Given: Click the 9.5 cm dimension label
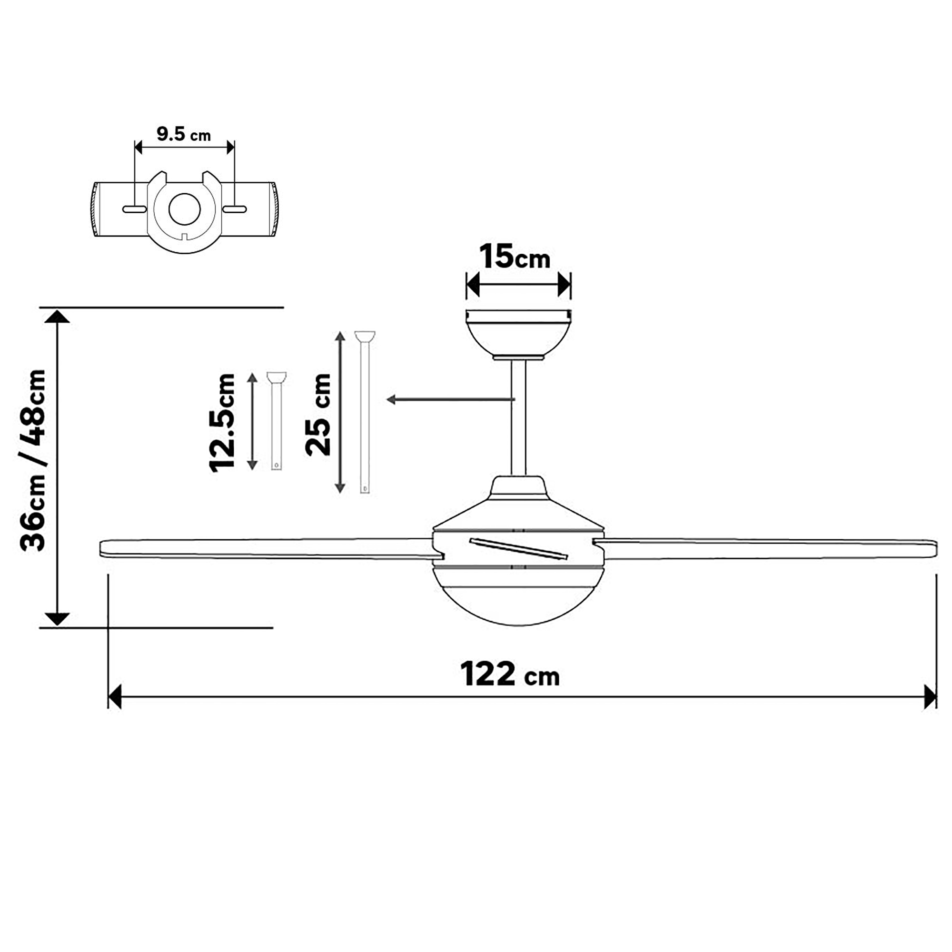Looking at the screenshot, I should click(x=183, y=134).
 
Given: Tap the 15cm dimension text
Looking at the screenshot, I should click(x=515, y=257).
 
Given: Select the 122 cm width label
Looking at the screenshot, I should click(x=509, y=674).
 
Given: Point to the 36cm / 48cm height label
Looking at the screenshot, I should click(x=33, y=460).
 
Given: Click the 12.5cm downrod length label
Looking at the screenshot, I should click(x=223, y=423).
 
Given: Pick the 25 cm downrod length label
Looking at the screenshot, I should click(x=318, y=415).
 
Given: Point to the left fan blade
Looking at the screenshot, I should click(x=266, y=548).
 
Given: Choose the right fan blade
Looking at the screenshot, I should click(x=769, y=549).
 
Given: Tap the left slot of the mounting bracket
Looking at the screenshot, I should click(x=134, y=209).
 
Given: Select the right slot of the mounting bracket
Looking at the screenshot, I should click(x=235, y=209).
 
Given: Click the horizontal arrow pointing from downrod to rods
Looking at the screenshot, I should click(x=448, y=399).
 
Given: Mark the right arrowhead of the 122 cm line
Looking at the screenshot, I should click(x=930, y=697).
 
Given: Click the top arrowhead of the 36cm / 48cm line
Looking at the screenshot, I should click(x=57, y=317).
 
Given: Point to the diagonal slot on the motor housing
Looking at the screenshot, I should click(x=518, y=549).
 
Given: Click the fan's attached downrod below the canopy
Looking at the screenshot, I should click(x=518, y=419).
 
